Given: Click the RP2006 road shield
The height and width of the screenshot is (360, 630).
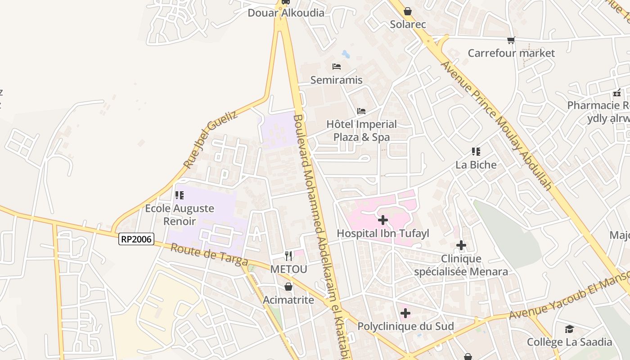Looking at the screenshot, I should (136, 239).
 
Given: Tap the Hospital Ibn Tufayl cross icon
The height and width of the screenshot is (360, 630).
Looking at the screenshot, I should (383, 220).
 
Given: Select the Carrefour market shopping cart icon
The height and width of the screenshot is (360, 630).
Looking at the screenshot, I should (511, 40).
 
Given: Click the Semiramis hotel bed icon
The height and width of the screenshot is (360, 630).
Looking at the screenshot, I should (337, 67).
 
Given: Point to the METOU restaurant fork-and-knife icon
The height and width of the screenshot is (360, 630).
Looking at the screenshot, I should (288, 256).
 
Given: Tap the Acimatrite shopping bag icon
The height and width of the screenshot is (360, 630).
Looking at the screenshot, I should (288, 287).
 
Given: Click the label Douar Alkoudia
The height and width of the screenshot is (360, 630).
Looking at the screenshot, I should (286, 13).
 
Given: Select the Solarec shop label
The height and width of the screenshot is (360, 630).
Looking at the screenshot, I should (408, 24).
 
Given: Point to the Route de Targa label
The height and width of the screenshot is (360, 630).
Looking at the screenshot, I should (209, 255).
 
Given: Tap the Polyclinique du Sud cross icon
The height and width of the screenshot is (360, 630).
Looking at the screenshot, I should (405, 313).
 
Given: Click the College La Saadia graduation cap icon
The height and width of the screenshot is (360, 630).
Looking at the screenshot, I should (569, 329).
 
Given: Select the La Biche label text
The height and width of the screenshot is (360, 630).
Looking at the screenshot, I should (476, 165).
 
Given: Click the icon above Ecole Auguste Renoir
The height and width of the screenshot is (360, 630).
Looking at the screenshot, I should (180, 195).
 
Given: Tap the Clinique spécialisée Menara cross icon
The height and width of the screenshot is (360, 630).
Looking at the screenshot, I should (461, 245).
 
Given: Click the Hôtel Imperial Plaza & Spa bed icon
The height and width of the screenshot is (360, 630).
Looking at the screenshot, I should (361, 111).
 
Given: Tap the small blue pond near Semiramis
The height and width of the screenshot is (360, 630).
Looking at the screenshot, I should (346, 54).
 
